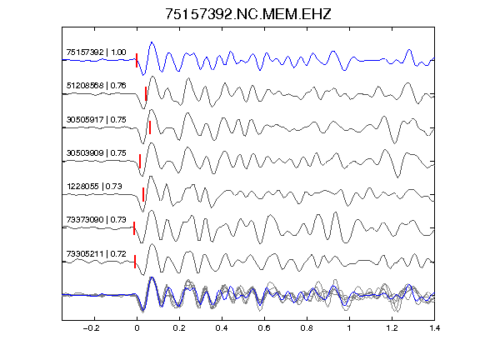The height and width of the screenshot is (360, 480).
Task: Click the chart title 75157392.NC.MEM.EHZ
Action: [x=248, y=14]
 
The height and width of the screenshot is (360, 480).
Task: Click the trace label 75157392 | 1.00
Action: [x=96, y=52]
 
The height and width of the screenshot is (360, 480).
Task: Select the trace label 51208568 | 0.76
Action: [x=96, y=85]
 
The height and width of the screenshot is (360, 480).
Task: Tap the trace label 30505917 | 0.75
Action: [x=96, y=119]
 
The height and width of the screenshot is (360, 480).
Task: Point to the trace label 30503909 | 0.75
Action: [x=96, y=152]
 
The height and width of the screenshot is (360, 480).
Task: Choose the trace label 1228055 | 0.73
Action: [x=94, y=186]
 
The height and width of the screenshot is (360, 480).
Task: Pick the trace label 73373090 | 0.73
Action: [x=96, y=219]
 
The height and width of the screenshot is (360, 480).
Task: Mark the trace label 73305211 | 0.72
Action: [x=96, y=254]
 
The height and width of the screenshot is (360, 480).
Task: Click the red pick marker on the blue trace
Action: [x=137, y=60]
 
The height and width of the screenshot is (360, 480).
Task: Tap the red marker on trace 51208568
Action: [x=146, y=93]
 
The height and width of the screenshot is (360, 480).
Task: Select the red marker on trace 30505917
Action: [x=150, y=127]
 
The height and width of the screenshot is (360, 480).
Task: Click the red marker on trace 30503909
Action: [x=140, y=161]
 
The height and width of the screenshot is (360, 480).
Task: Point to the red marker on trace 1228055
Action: [x=143, y=195]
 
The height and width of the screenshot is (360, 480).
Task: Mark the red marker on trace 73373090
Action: [x=134, y=228]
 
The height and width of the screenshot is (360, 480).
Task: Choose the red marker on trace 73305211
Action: [x=135, y=262]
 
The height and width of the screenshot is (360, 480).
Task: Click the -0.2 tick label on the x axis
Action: [x=91, y=328]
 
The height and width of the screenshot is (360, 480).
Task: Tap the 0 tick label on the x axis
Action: [x=137, y=328]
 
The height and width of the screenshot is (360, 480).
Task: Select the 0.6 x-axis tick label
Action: [x=264, y=328]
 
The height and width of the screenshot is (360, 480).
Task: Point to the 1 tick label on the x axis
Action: [x=349, y=328]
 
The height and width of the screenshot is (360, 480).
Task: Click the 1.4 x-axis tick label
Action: [x=435, y=328]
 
